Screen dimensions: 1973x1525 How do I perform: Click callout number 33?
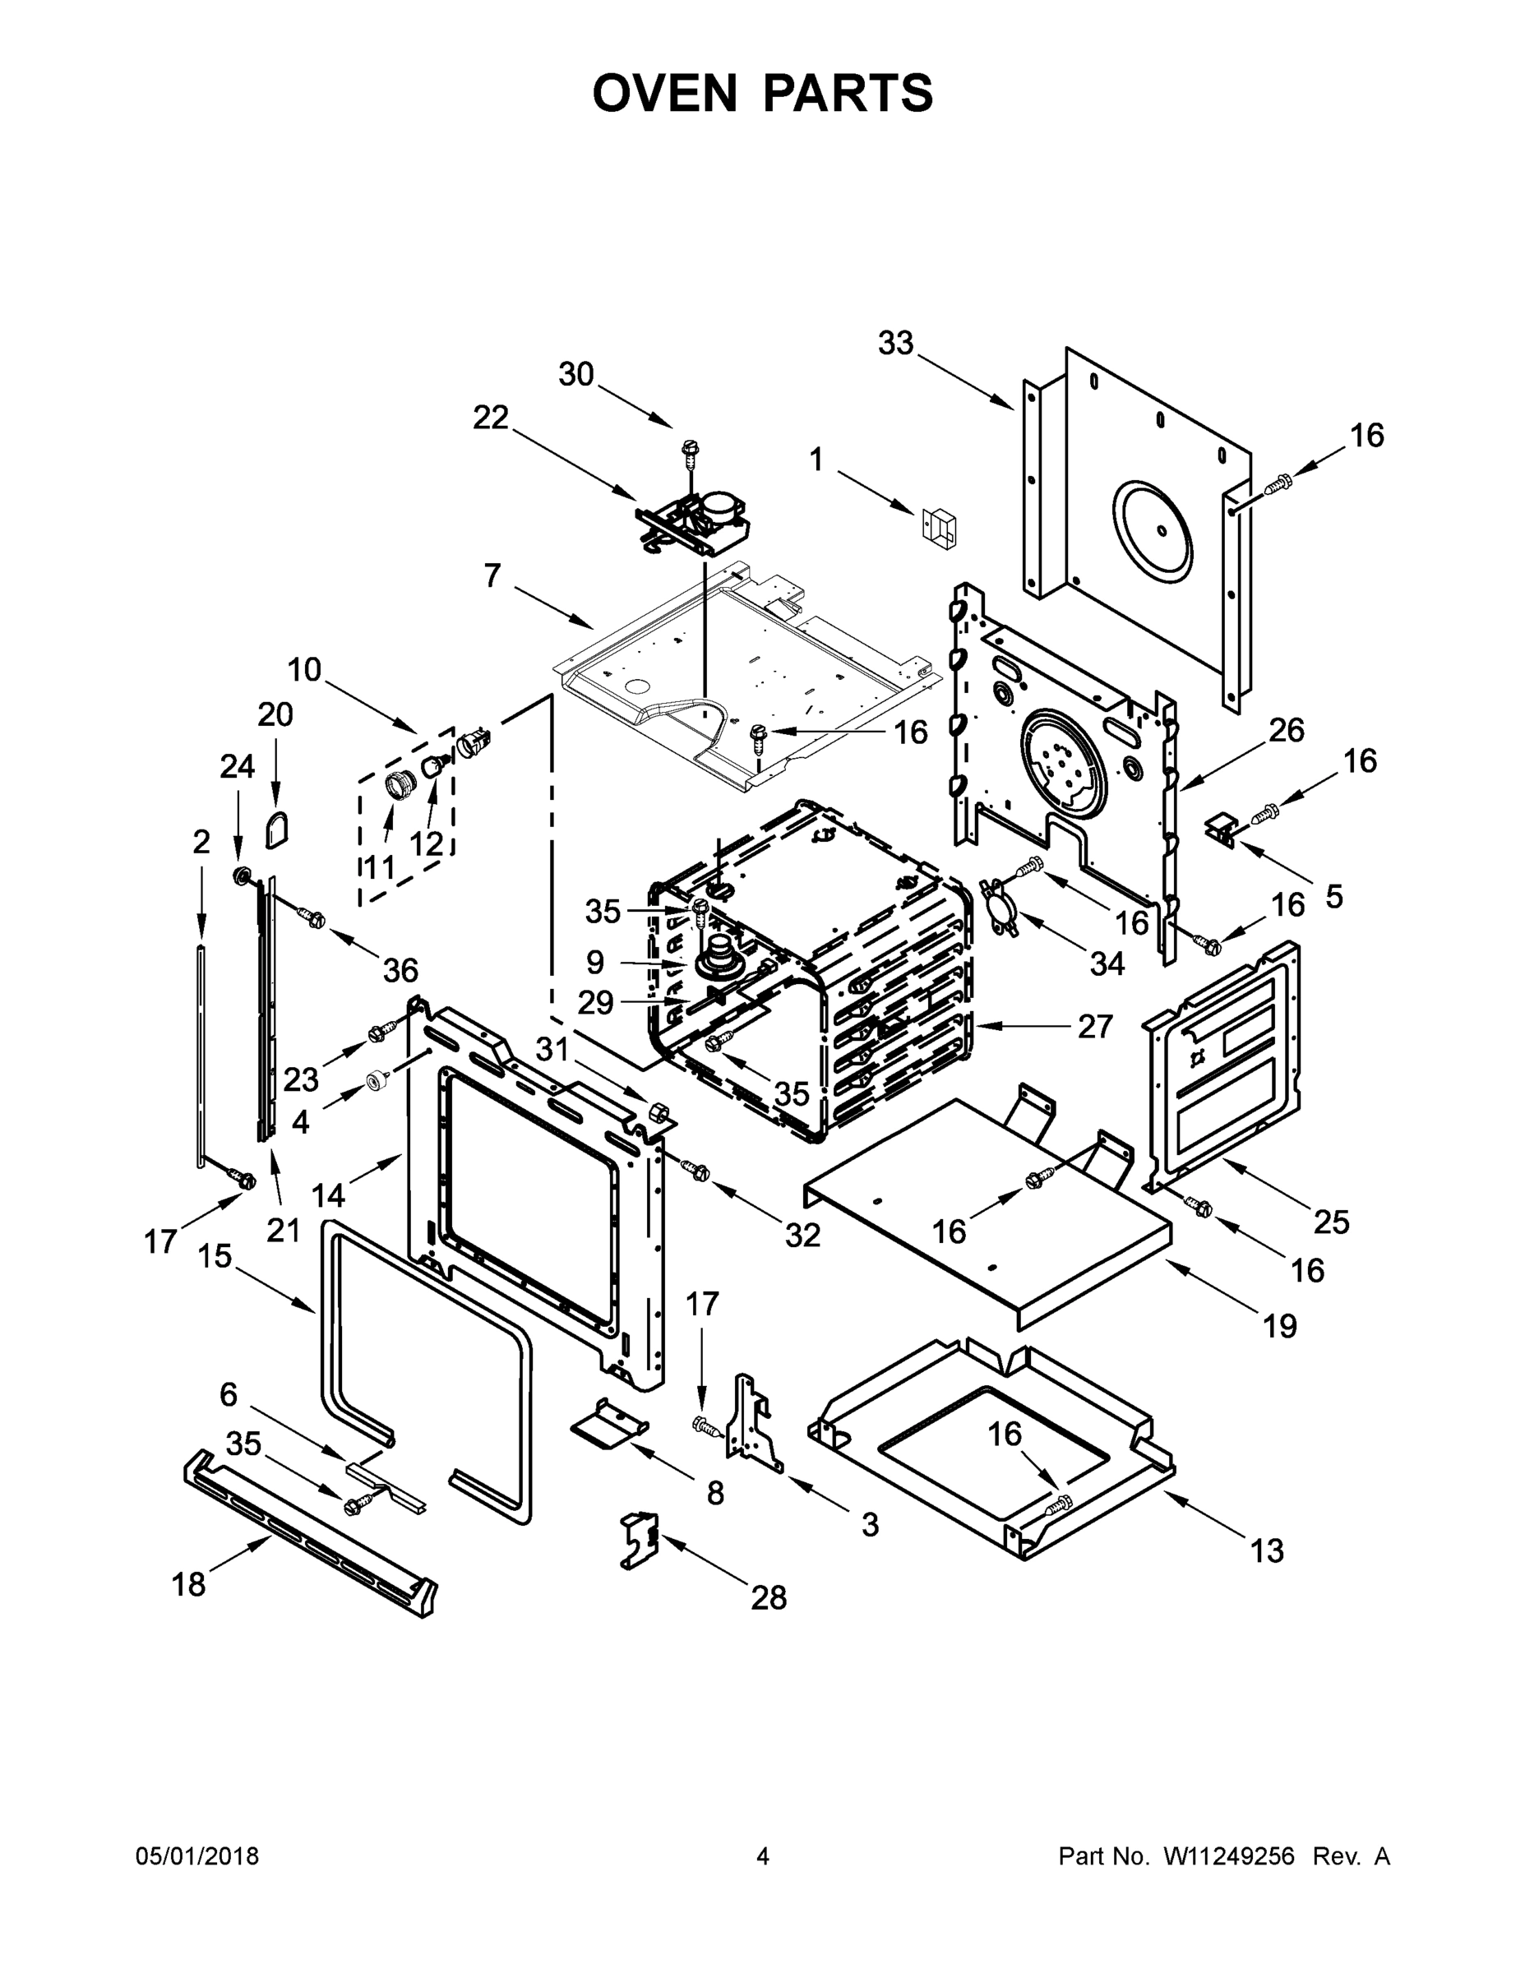895,344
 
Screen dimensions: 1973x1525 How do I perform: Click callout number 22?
491,418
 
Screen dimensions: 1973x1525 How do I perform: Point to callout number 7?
492,575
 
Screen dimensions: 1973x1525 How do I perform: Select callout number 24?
238,767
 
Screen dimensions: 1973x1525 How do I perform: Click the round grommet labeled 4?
373,1080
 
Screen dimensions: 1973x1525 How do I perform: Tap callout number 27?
1095,1026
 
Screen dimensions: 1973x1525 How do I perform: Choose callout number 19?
1279,1326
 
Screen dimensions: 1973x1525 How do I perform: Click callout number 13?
1267,1550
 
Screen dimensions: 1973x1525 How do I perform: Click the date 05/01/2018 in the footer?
197,1856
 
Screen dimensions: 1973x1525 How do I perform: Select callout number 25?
1331,1222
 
